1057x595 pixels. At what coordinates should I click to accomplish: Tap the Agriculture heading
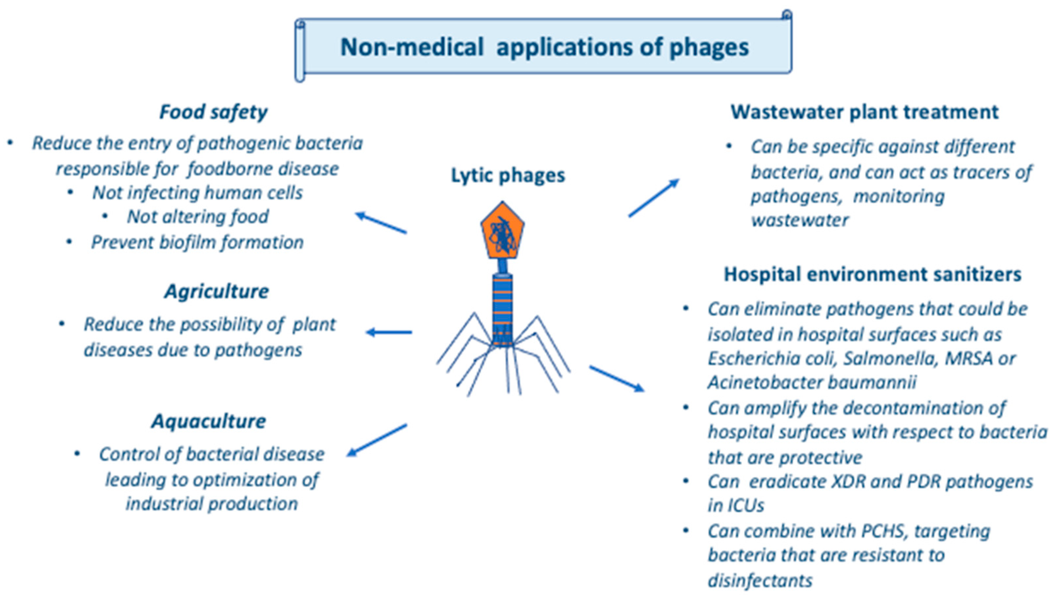tap(217, 292)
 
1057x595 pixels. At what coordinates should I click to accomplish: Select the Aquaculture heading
tap(208, 421)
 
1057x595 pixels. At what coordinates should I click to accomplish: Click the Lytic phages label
tap(508, 176)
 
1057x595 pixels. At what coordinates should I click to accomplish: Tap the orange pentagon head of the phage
tap(502, 232)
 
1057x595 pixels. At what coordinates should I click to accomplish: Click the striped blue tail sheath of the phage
tap(503, 308)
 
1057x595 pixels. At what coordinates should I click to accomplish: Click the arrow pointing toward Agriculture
tap(389, 332)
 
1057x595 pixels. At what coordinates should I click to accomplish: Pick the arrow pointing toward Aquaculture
tap(377, 440)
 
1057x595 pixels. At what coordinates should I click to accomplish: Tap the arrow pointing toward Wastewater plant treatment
tap(654, 198)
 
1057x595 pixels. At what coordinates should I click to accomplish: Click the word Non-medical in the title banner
tap(412, 47)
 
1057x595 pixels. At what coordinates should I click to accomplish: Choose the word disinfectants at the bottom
tap(760, 581)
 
